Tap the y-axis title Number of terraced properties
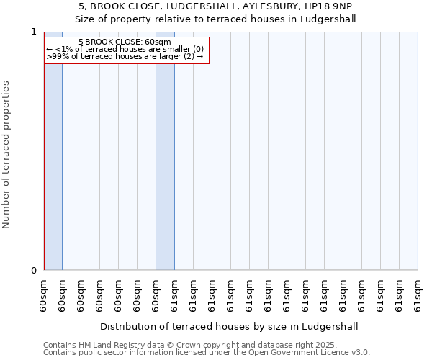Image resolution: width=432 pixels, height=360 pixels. pos(7,155)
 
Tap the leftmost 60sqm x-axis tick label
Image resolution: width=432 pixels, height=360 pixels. pos(44,295)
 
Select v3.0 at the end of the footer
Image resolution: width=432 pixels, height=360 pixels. pos(359,353)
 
